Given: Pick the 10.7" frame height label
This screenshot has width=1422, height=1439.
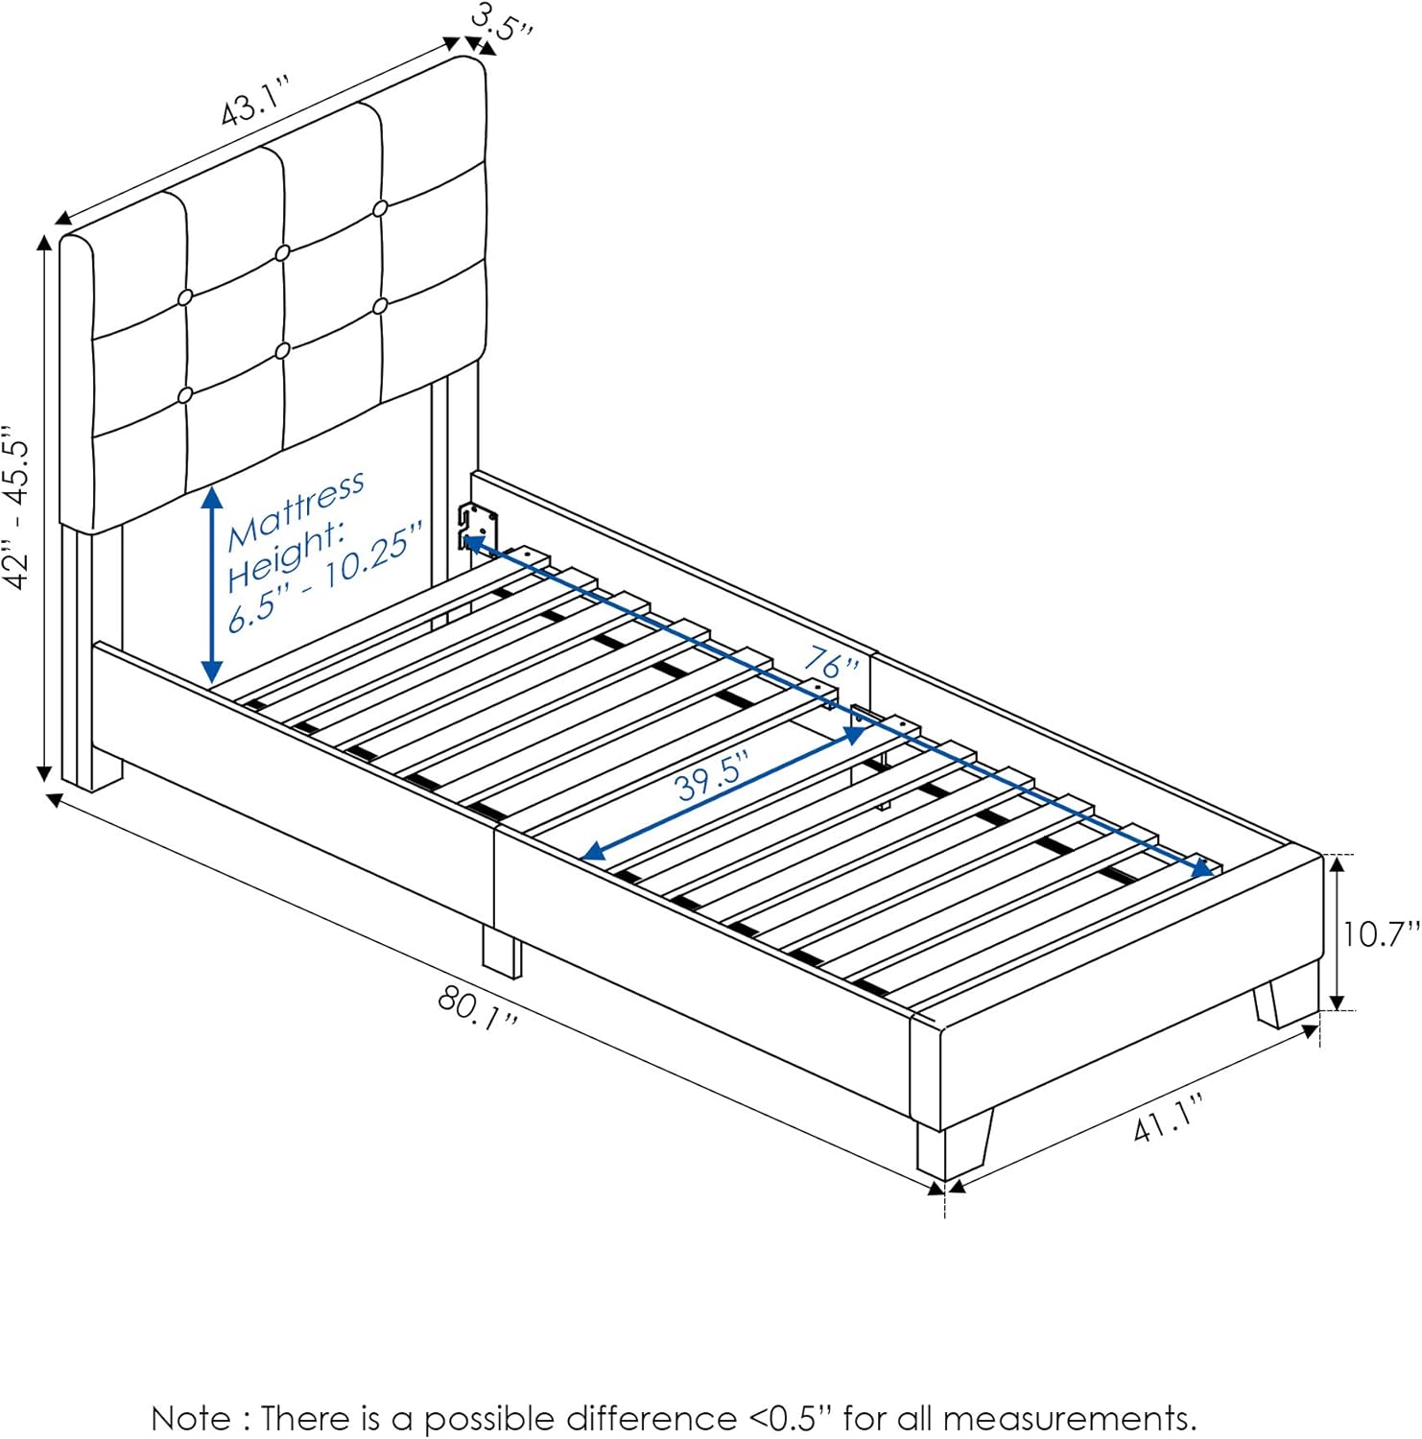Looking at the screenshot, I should point(1380,933).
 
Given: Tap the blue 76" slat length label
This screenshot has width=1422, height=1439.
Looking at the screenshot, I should point(831,662).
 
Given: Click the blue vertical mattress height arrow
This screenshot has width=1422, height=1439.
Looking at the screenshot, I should point(212,585).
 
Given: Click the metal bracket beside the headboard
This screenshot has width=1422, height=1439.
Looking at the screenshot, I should point(479,527).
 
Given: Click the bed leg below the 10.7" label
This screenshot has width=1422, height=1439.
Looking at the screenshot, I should point(1285,1001).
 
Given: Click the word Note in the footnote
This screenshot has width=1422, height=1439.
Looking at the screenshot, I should point(191,1418).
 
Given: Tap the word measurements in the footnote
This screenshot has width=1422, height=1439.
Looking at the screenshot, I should point(1069,1418).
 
